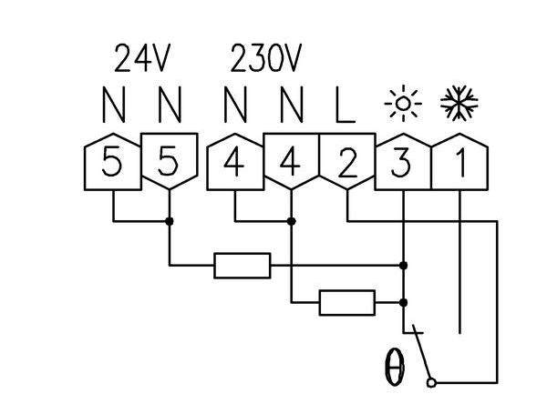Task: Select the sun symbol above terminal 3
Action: click(x=400, y=104)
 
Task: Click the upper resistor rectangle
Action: click(x=242, y=266)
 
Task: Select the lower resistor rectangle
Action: click(x=346, y=302)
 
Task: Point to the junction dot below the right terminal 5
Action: click(x=169, y=221)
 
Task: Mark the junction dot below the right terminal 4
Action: click(x=291, y=221)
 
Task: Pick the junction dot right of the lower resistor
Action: click(x=403, y=302)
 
